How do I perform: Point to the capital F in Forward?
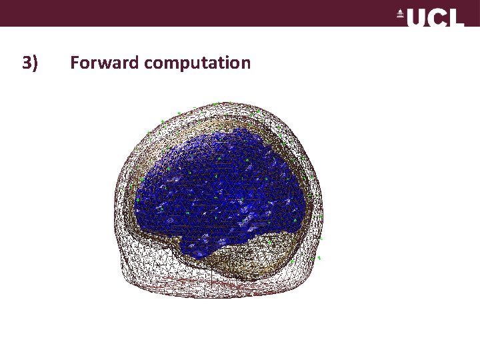point(75,63)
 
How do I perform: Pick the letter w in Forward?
point(105,64)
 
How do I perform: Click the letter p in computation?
point(185,65)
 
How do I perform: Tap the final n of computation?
point(245,64)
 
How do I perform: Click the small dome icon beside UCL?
point(401,13)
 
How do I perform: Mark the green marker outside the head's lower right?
point(319,257)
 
